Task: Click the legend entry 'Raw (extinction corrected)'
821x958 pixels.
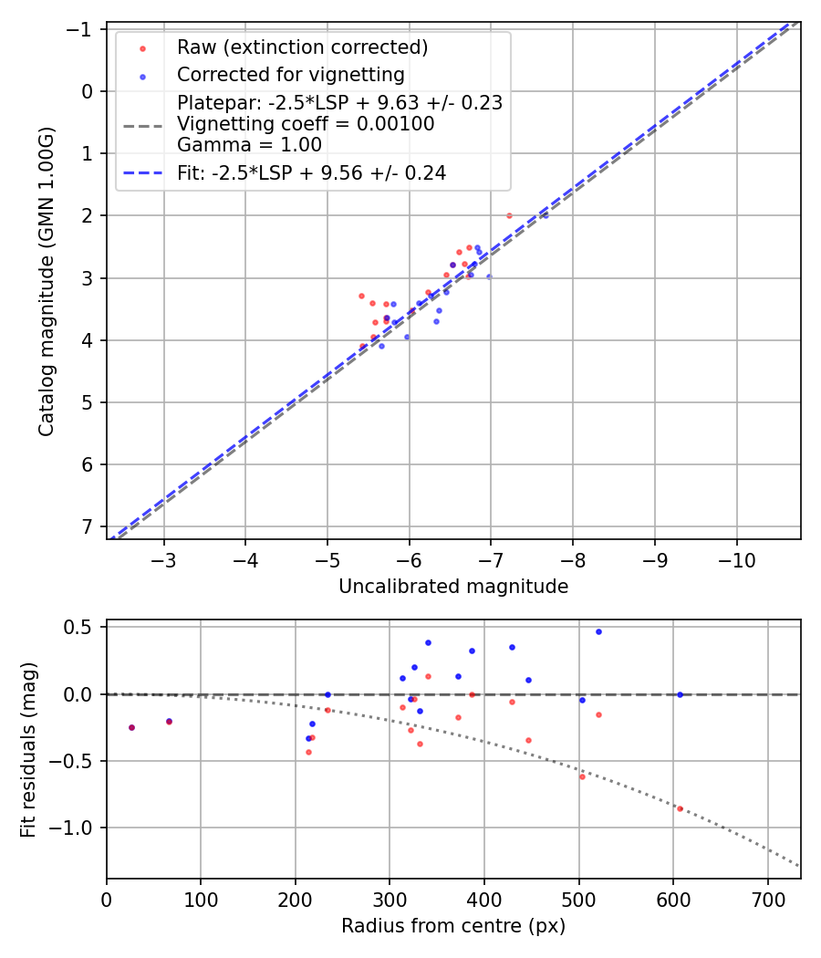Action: click(302, 47)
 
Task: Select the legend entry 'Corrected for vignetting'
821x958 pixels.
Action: click(290, 74)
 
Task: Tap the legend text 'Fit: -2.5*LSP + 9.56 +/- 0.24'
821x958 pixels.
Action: click(311, 172)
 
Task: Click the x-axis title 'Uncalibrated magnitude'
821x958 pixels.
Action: click(453, 587)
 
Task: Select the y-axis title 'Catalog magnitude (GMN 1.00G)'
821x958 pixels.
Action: click(47, 281)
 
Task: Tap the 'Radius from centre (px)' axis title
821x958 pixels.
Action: click(453, 926)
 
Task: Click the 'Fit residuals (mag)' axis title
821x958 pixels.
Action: click(28, 749)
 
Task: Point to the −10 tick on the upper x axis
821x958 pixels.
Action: click(736, 559)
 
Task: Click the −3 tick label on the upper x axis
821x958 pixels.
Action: click(164, 559)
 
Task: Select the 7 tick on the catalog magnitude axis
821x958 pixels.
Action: click(88, 526)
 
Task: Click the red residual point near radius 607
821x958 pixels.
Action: click(680, 808)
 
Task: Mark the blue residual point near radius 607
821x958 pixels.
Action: click(680, 694)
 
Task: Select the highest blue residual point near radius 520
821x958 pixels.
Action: click(598, 631)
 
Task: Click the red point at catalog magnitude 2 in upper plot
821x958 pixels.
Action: click(509, 215)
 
